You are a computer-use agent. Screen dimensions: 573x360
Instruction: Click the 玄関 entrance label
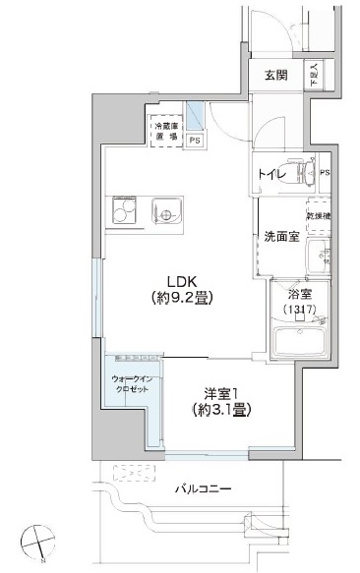(x=274, y=75)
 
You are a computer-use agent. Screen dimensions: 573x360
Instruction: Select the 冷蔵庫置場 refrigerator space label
(x=164, y=132)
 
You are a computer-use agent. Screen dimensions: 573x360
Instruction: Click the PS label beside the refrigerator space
(x=195, y=140)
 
